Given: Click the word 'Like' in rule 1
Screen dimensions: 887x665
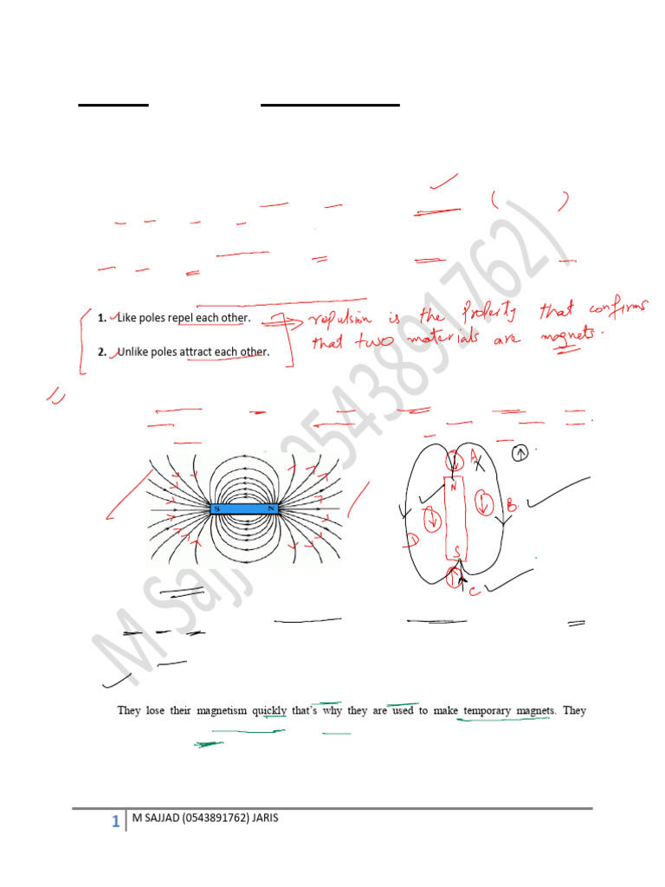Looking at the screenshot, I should coord(126,318).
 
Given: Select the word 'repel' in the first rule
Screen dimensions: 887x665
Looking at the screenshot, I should coord(180,318).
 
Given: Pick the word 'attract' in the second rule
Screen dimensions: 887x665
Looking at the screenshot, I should coord(197,352).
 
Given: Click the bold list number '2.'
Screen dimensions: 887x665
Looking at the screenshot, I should coord(101,352).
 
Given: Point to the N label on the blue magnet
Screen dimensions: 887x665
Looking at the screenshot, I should coord(273,508).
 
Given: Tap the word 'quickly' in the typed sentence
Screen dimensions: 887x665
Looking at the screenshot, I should coord(269,710).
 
